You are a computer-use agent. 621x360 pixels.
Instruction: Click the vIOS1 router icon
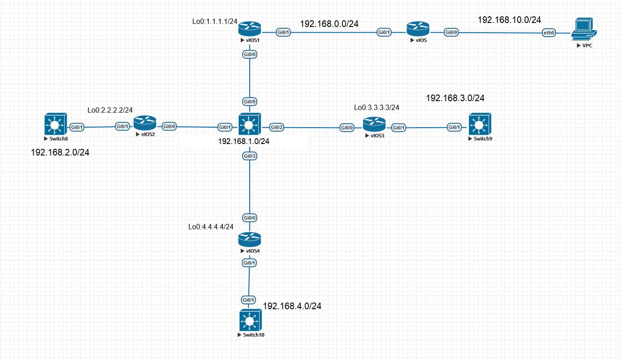click(250, 30)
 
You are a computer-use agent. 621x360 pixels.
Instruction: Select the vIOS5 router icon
click(418, 30)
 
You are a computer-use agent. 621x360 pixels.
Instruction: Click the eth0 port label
click(549, 33)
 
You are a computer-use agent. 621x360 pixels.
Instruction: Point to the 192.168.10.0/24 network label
click(509, 20)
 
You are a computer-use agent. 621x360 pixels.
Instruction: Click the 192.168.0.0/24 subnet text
click(329, 24)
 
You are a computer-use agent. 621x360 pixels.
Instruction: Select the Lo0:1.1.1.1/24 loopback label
click(213, 21)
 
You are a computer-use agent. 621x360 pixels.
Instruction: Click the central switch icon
click(250, 125)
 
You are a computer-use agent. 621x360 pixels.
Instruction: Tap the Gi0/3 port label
click(250, 155)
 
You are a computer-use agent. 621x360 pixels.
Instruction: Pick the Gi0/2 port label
click(277, 128)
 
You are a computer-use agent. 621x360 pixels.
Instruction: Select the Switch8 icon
click(55, 125)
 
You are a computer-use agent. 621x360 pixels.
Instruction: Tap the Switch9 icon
click(480, 125)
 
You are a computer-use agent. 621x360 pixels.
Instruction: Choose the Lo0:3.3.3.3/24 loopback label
click(377, 107)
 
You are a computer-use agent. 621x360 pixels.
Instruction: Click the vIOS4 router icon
click(250, 240)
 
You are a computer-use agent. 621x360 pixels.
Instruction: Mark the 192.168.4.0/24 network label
click(292, 306)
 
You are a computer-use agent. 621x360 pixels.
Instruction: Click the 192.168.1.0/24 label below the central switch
click(244, 141)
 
